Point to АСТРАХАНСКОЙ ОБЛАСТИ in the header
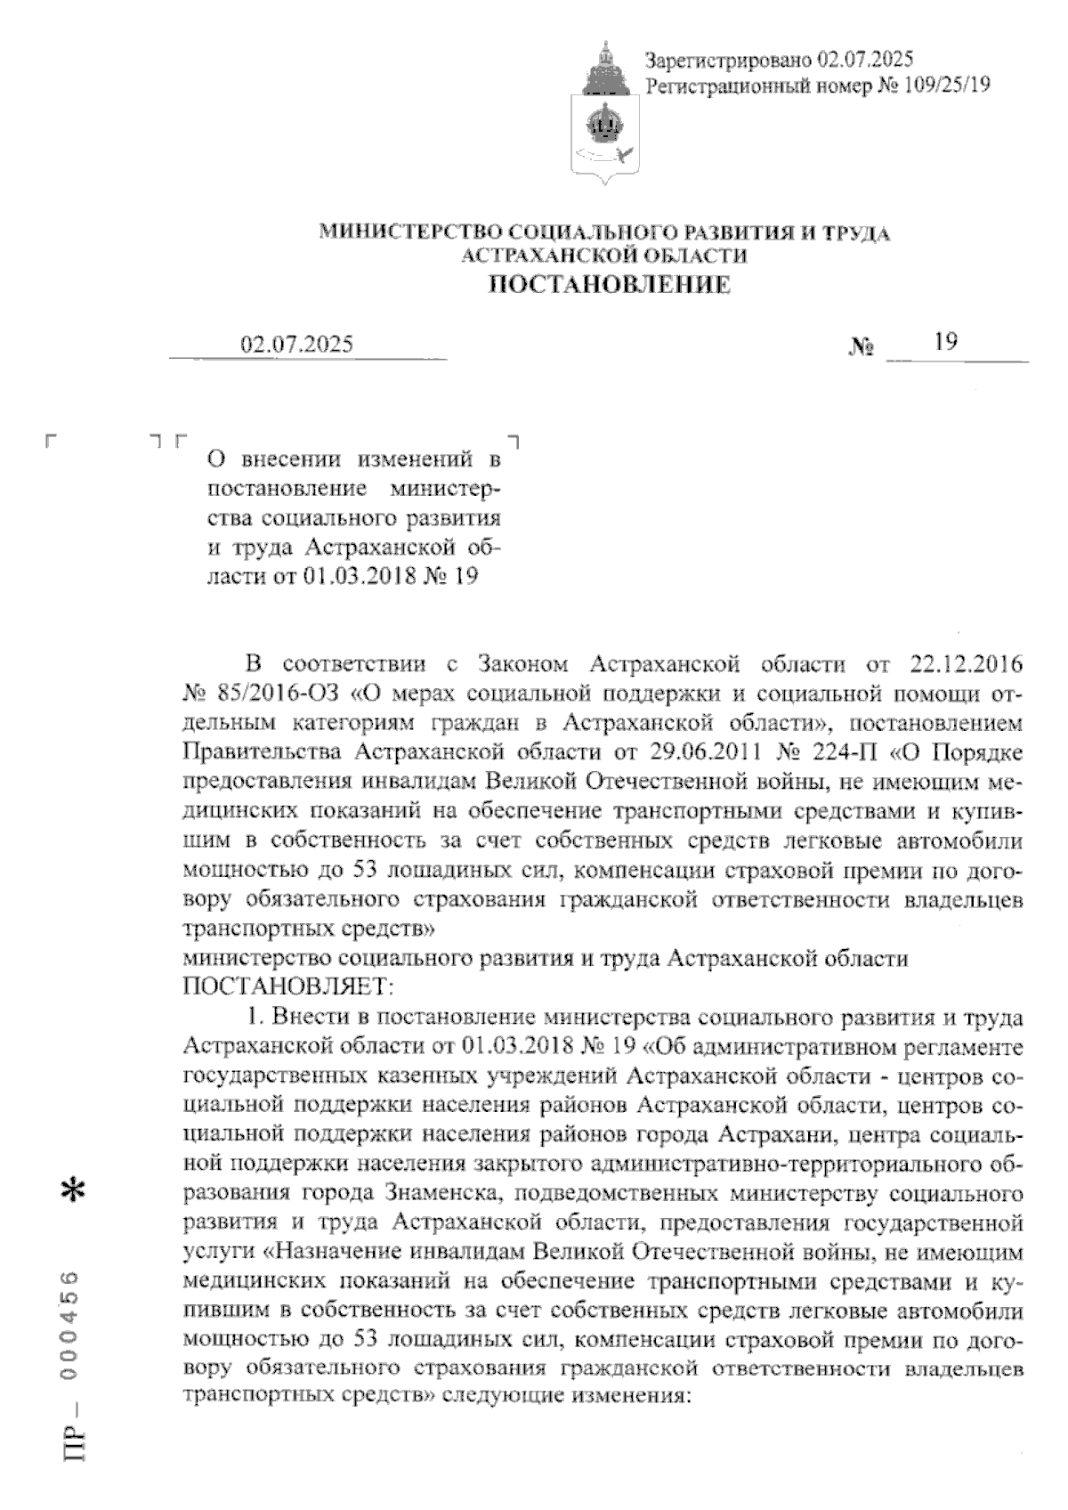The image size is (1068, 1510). click(x=604, y=256)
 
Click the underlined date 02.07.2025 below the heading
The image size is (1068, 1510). click(x=297, y=344)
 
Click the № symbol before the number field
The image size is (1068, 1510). click(x=862, y=348)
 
